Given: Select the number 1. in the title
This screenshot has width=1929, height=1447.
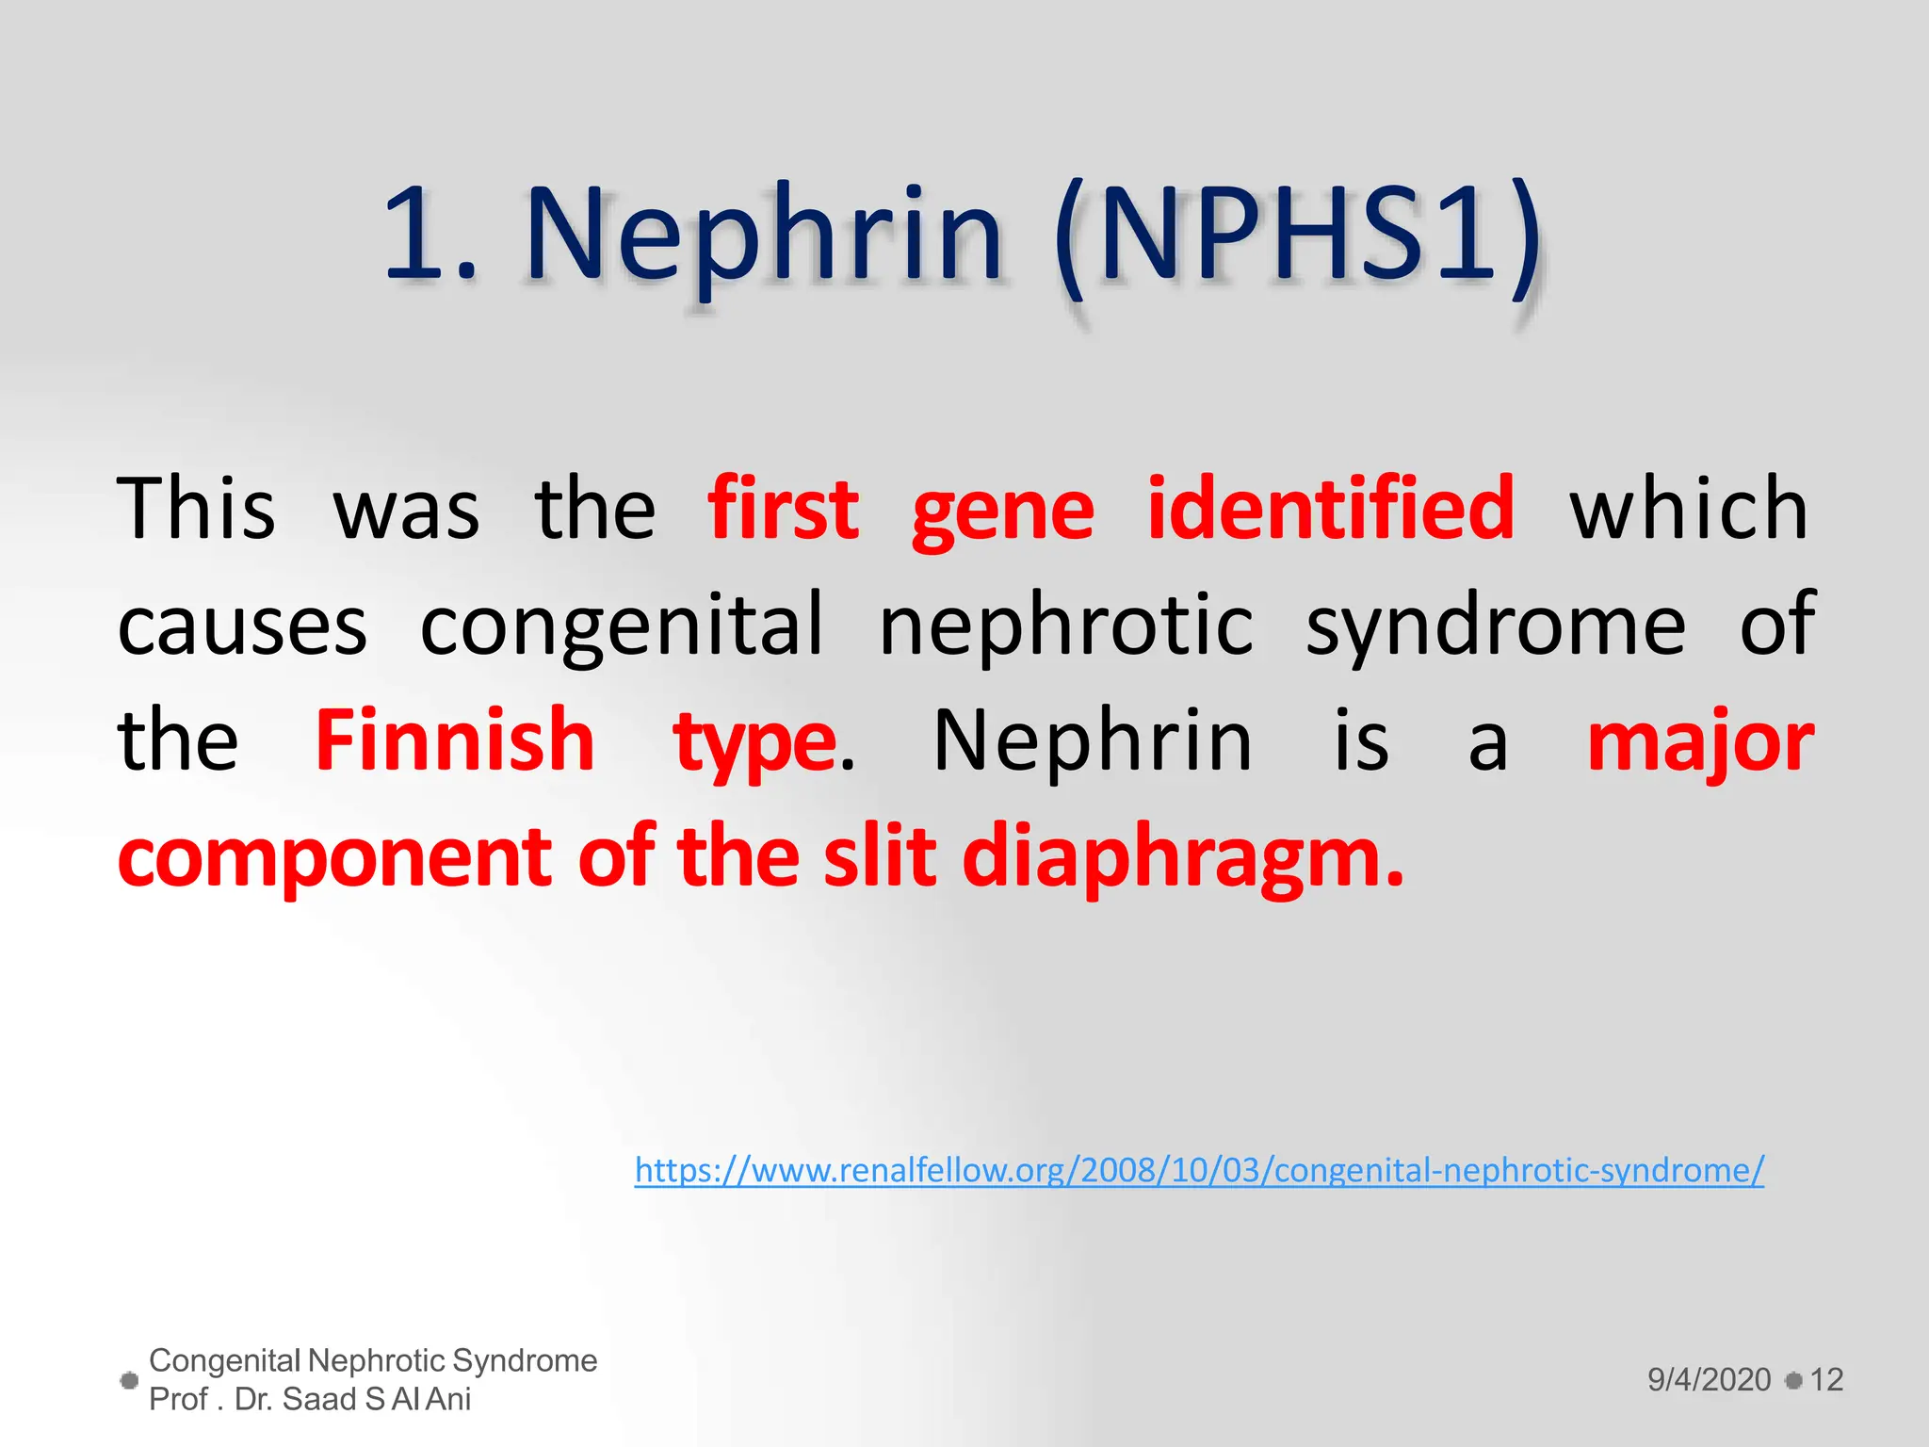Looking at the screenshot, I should (429, 236).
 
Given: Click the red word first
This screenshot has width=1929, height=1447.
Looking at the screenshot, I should (784, 510).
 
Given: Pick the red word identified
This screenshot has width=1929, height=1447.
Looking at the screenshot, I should (1331, 510).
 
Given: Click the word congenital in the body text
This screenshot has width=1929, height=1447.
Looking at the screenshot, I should (622, 626).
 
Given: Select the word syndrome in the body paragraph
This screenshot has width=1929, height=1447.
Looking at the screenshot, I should (1496, 626).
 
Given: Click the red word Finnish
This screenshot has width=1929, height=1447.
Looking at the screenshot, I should (454, 741).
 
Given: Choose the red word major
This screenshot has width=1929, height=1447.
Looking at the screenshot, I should (1700, 744).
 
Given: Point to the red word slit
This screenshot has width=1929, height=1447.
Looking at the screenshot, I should (880, 857).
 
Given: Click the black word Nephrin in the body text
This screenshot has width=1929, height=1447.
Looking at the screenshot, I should (1093, 742).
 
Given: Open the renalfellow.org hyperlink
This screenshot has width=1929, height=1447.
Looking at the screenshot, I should (1199, 1171).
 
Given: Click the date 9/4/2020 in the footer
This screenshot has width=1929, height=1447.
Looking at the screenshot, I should (1709, 1380).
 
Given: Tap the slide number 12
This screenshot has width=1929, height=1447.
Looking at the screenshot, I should (1826, 1380).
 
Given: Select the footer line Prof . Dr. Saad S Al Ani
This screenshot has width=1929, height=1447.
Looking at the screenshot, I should (310, 1400).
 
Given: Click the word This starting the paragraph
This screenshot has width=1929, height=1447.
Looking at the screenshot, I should (197, 510).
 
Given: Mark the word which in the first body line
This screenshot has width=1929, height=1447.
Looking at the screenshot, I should (1689, 510).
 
